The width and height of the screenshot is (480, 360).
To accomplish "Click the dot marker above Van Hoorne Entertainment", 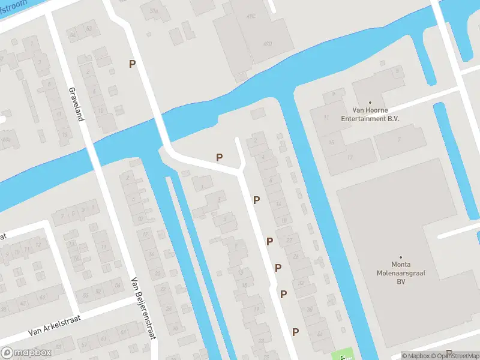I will click(370, 103).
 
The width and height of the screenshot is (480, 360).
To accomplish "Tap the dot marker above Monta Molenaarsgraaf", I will click(401, 256).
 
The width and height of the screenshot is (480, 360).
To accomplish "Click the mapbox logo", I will click(25, 353).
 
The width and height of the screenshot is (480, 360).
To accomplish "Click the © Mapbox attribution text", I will click(415, 356).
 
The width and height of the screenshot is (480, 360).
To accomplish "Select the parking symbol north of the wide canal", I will click(132, 64).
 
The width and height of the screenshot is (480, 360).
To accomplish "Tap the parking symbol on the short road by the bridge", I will click(220, 157).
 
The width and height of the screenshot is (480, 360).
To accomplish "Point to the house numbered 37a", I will click(154, 11).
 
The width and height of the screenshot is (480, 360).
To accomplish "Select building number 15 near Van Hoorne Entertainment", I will click(331, 142).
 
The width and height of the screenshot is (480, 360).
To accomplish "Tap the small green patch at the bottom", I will click(343, 355).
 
